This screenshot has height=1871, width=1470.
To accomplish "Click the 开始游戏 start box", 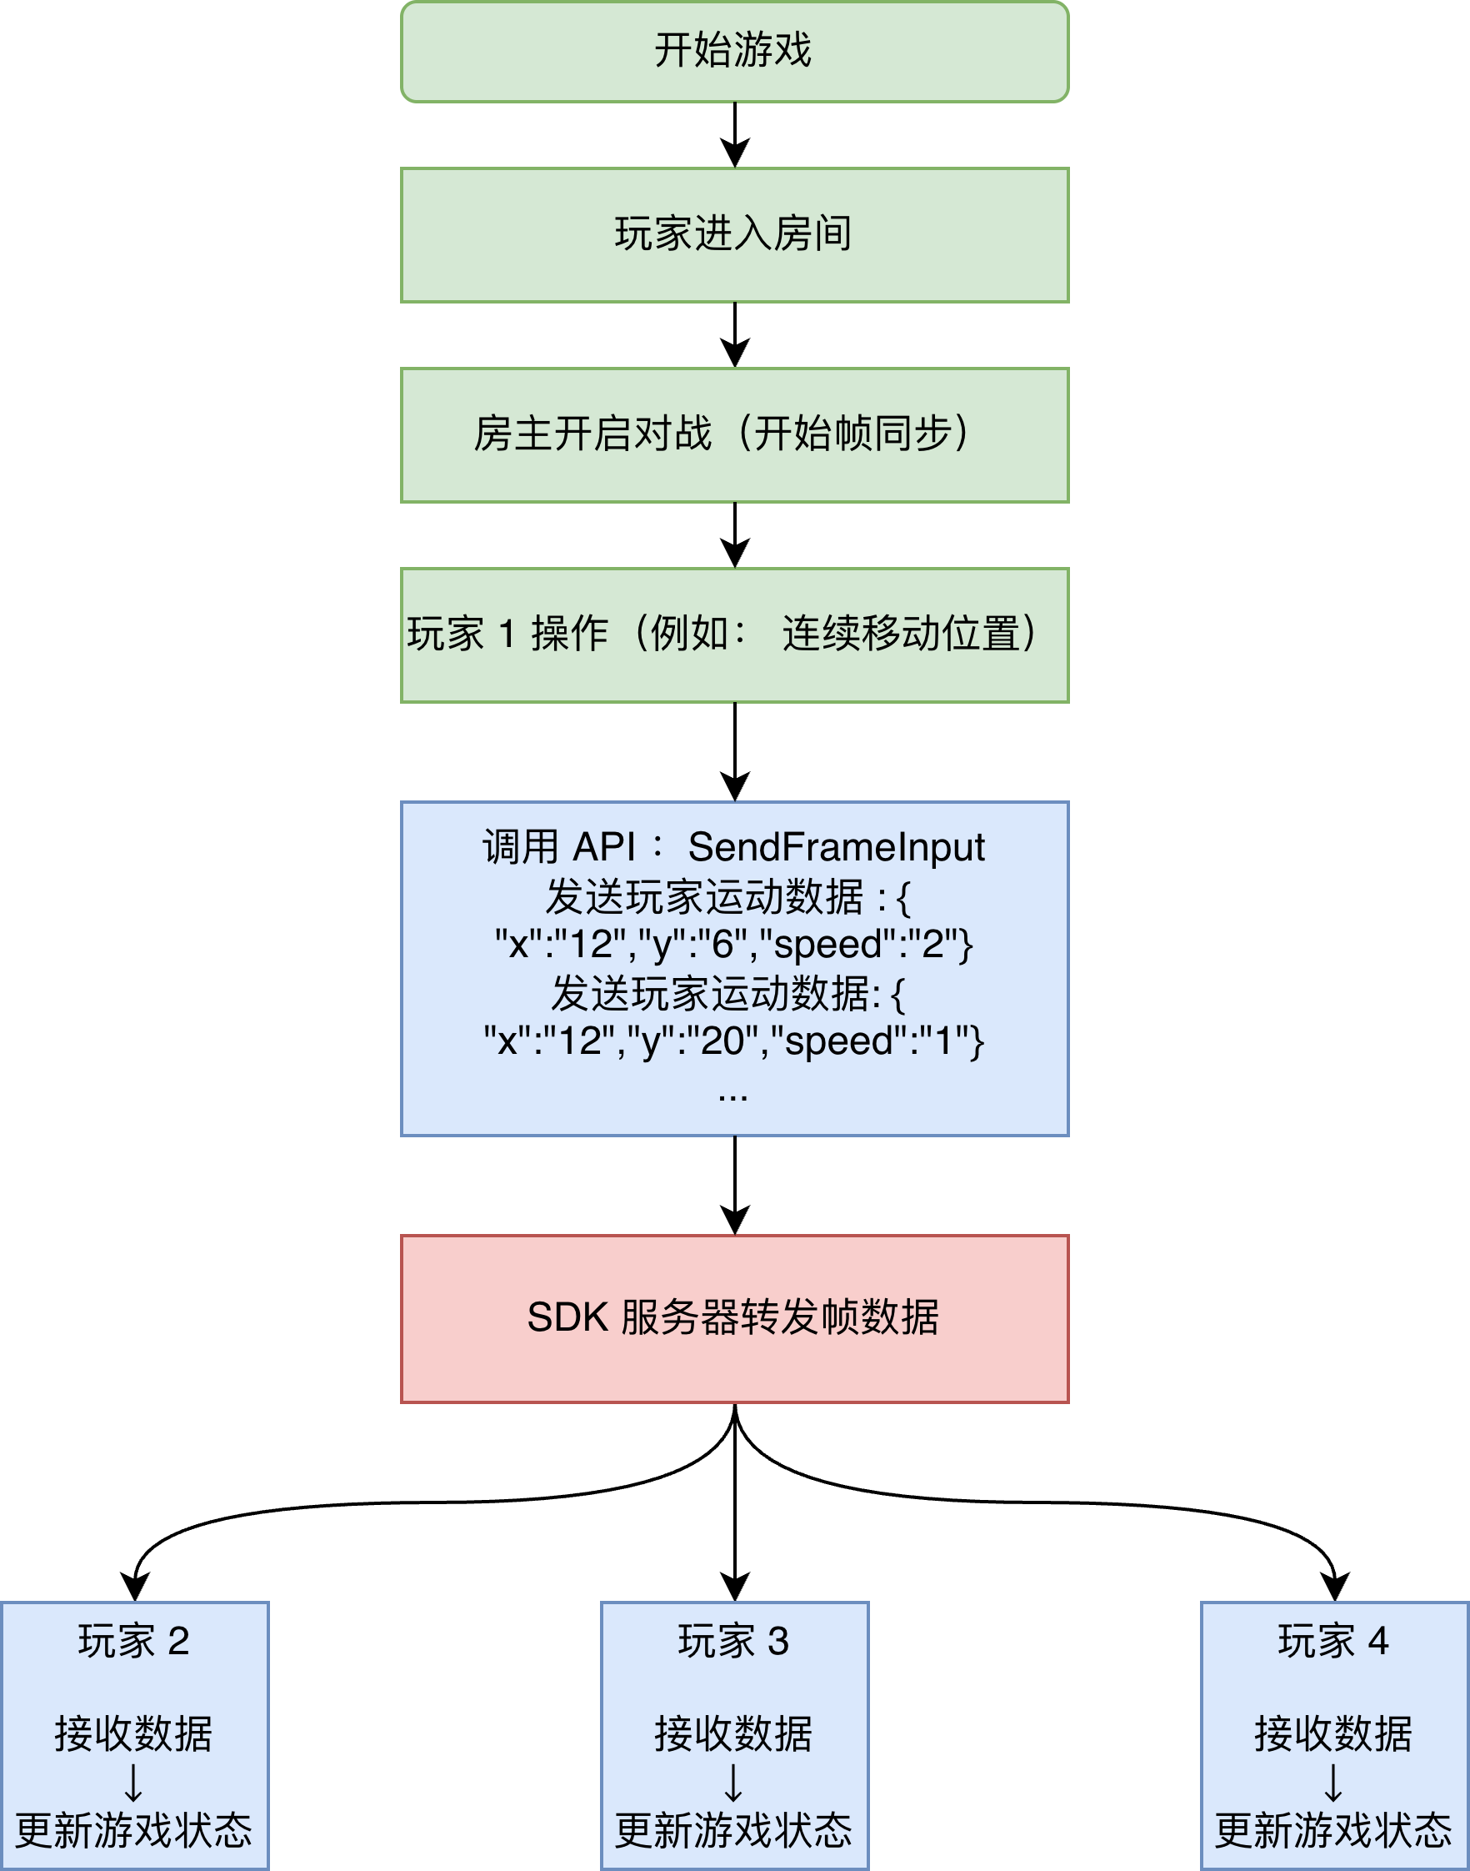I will pos(734,52).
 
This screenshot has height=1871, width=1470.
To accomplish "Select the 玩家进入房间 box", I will pos(734,234).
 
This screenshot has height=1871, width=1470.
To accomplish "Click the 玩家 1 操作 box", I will pos(734,635).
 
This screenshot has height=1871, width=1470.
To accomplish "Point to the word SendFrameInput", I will pos(836,846).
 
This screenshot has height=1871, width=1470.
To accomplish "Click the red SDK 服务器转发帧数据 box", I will pos(734,1317).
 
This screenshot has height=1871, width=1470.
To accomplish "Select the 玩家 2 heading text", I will pos(133,1640).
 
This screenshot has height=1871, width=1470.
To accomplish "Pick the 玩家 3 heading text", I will pos(733,1640).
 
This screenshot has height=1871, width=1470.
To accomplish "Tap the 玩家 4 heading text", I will pos(1333,1640).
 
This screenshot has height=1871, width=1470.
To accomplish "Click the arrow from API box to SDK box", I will pos(734,1185).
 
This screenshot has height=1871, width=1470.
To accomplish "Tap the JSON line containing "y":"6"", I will pos(734,945).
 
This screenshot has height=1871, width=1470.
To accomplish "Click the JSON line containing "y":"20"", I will pos(734,1041).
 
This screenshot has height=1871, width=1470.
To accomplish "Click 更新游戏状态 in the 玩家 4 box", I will pos(1333,1828).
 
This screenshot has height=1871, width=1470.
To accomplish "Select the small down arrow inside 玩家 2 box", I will pos(133,1783).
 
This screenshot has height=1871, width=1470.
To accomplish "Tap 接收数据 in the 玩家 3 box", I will pos(733,1733).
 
